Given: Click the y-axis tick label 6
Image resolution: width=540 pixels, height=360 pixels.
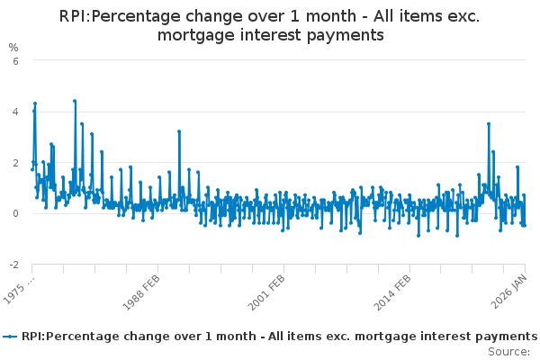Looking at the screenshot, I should pos(13,61).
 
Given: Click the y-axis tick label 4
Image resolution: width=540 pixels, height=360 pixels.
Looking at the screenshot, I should pos(13,112).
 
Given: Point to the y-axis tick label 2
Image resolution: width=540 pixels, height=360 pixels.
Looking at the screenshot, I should pos(13,163).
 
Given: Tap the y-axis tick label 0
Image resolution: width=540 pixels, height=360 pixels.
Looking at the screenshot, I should pos(13,214).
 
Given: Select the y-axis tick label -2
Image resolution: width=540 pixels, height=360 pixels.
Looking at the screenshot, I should pos(12,265).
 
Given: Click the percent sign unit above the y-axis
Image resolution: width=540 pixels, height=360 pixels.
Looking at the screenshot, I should pos(13,47).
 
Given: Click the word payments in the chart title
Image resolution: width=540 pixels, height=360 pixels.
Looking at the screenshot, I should pos(346,35).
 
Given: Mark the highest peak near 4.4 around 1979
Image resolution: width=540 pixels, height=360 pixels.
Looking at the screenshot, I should pos(75,101).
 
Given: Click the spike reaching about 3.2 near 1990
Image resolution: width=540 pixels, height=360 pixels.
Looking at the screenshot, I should pos(179,131).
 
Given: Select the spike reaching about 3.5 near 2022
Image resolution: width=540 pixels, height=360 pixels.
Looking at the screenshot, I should pos(489,124).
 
